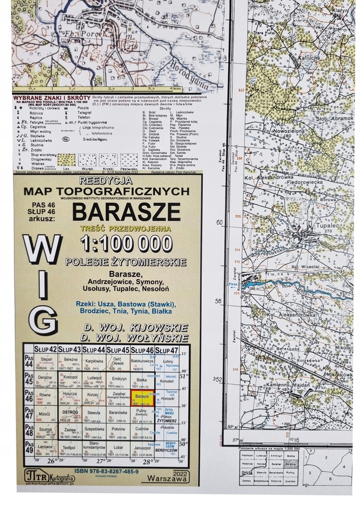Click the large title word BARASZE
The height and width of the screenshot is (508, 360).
(126, 212)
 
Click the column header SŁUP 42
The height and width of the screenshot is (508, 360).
(45, 351)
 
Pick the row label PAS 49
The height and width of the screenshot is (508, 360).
(29, 450)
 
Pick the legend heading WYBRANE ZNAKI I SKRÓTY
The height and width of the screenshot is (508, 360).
(52, 97)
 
